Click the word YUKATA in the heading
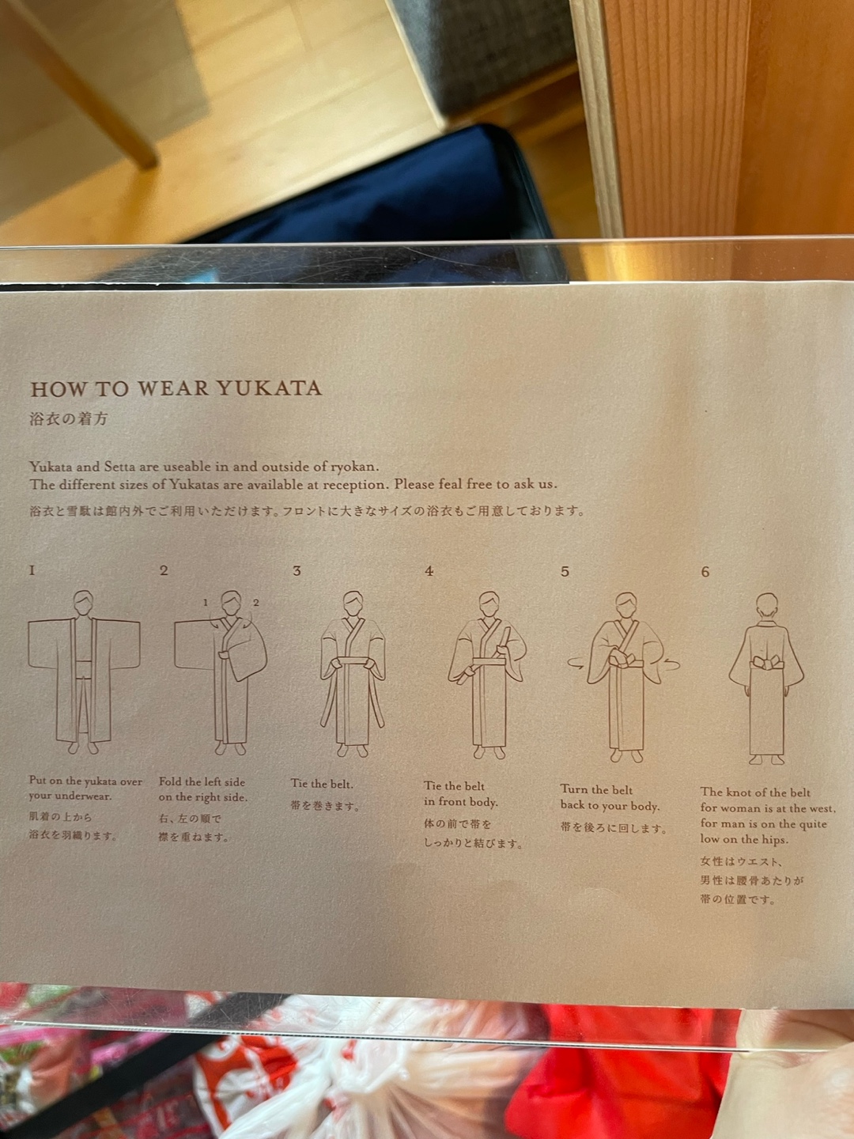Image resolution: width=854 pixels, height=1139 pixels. pyautogui.click(x=269, y=388)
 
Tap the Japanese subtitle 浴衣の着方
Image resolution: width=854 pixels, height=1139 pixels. pyautogui.click(x=69, y=418)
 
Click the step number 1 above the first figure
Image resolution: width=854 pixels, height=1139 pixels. pyautogui.click(x=32, y=570)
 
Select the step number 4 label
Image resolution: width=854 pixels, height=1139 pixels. pyautogui.click(x=429, y=571)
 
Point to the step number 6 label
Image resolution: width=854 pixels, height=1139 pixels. pyautogui.click(x=705, y=572)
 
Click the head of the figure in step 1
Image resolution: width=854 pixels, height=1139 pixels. pyautogui.click(x=83, y=603)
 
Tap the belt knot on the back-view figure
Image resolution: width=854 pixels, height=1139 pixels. pyautogui.click(x=767, y=663)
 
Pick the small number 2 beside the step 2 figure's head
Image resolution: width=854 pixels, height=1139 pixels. pyautogui.click(x=255, y=603)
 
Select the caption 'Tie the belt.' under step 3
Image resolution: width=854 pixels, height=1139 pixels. pyautogui.click(x=322, y=784)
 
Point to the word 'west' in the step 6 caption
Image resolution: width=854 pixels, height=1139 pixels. pyautogui.click(x=820, y=808)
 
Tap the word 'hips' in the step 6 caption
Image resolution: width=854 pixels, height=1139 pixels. pyautogui.click(x=775, y=839)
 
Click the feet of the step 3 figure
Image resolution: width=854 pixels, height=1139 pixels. pyautogui.click(x=353, y=750)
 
